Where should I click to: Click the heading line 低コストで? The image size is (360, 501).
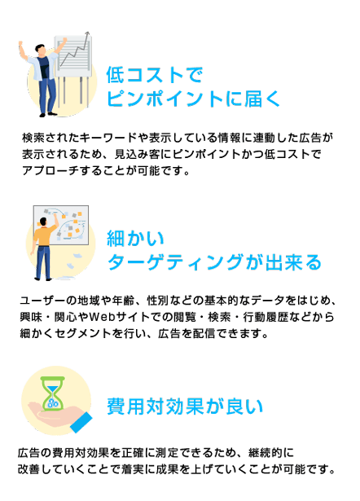coord(155,75)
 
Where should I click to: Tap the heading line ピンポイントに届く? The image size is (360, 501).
coord(193,98)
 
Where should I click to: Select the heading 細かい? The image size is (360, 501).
coord(135,239)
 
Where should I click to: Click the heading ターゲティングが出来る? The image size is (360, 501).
coord(214,262)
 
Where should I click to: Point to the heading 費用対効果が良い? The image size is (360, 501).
coord(185,407)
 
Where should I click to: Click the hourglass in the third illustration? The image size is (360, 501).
coord(53,393)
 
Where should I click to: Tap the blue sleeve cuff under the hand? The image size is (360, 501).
coord(81,422)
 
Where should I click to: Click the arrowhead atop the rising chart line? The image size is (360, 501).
coord(87,33)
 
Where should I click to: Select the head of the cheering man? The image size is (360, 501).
coord(40,50)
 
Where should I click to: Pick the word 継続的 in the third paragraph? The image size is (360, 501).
coord(266,453)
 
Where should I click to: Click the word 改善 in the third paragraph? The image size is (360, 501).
coord(29,469)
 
